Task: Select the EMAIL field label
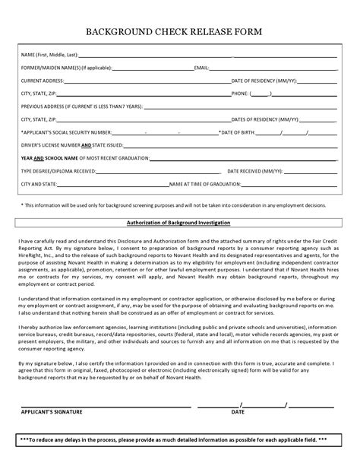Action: [x=202, y=68]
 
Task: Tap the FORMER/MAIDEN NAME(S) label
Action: [x=66, y=68]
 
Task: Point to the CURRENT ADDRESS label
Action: [x=42, y=80]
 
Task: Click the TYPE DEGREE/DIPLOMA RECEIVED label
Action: [x=58, y=171]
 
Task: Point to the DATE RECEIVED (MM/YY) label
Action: [x=254, y=171]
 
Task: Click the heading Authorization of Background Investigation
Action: [x=179, y=223]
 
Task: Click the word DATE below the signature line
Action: [x=238, y=411]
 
